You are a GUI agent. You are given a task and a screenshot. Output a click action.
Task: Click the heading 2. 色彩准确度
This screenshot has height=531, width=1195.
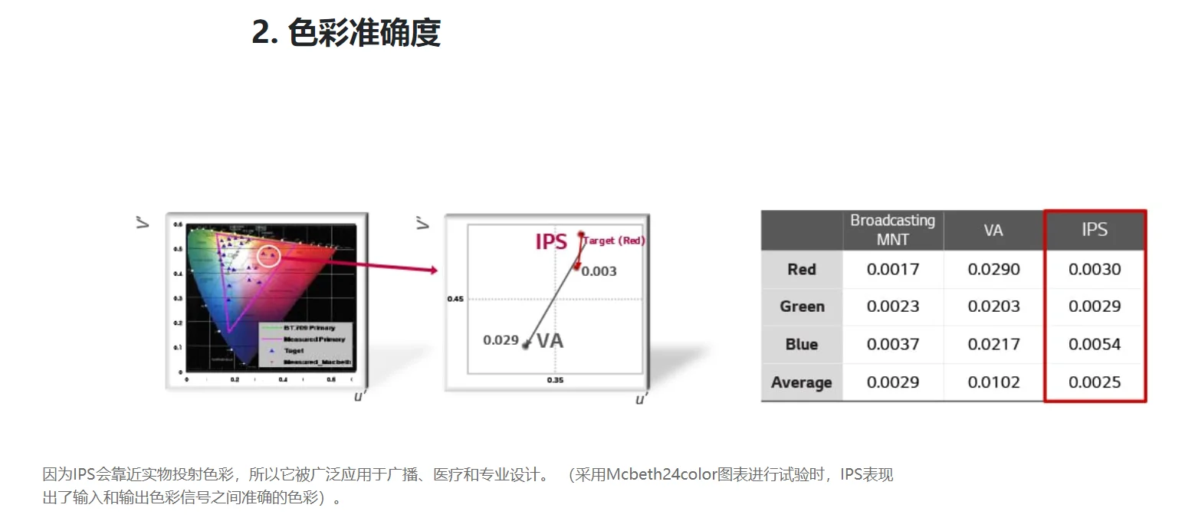click(346, 33)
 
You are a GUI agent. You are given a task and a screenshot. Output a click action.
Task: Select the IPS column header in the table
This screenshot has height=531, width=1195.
click(1094, 230)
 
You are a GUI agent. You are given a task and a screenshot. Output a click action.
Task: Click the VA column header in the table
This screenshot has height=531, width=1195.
click(993, 230)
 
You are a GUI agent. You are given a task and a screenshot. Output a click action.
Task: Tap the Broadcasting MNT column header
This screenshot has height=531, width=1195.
click(892, 230)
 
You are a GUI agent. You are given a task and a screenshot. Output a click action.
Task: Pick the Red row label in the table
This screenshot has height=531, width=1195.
click(802, 270)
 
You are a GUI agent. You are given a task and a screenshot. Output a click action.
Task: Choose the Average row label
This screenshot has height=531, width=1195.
click(802, 382)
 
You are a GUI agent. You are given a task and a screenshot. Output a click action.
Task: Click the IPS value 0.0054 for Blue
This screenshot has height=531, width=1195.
click(1095, 344)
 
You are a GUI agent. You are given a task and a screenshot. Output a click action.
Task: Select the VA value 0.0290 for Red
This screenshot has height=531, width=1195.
click(993, 270)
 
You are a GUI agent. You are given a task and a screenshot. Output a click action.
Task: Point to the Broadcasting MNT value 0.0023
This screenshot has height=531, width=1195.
click(893, 306)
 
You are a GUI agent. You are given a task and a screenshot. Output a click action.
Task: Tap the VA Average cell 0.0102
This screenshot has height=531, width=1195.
click(993, 382)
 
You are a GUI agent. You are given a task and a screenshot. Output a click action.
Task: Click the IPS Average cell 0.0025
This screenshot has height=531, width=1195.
click(1095, 382)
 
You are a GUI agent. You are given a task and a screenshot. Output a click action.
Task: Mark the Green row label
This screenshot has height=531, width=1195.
click(802, 306)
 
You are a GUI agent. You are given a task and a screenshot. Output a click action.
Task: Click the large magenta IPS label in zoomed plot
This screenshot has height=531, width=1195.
click(551, 242)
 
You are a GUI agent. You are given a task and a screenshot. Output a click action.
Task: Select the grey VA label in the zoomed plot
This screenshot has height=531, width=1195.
click(550, 341)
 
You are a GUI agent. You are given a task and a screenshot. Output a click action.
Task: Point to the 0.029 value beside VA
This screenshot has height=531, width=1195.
click(501, 340)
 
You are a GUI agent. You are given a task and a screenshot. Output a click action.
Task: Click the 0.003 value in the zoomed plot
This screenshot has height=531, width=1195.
click(599, 271)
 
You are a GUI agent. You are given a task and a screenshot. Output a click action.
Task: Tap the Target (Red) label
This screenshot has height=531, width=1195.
click(615, 241)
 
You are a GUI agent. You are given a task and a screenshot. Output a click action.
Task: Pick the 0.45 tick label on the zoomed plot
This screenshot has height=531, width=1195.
click(455, 299)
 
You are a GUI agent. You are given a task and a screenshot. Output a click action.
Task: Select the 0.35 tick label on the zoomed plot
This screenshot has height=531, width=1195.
click(555, 380)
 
